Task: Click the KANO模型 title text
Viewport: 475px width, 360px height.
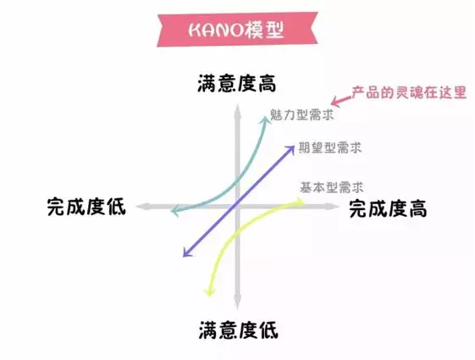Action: (x=236, y=30)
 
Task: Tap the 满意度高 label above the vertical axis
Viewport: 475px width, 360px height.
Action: (x=237, y=83)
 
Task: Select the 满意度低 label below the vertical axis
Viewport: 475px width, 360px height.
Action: (x=239, y=330)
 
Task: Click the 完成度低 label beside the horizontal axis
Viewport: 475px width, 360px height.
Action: (x=86, y=207)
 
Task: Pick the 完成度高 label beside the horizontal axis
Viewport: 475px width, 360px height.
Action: (x=388, y=208)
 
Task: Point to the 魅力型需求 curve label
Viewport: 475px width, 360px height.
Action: (x=301, y=115)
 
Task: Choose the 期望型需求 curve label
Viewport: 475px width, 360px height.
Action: (x=330, y=148)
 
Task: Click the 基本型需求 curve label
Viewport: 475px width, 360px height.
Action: (x=332, y=187)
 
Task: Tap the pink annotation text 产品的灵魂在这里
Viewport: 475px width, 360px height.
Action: (x=409, y=92)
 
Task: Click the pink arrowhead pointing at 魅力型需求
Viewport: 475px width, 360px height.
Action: (x=335, y=102)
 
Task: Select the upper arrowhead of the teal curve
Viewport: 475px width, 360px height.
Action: (x=266, y=119)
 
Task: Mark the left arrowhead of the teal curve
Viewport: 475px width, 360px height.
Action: (x=174, y=211)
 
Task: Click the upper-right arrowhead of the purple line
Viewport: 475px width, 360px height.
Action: (x=290, y=148)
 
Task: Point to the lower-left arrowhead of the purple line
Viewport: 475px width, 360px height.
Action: (x=186, y=253)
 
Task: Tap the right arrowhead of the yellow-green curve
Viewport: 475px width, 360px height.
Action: (x=301, y=202)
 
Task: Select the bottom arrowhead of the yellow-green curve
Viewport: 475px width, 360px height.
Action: (x=209, y=292)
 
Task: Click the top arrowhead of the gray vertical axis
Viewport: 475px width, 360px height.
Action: (x=237, y=110)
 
